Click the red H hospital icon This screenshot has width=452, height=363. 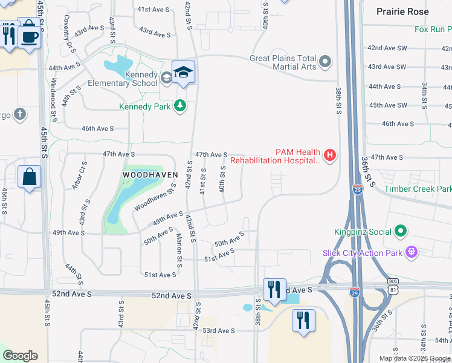(x=329, y=155)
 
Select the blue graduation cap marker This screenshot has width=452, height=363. (x=183, y=73)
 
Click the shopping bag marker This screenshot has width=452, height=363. (x=29, y=178)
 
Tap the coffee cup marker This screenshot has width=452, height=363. (x=28, y=37)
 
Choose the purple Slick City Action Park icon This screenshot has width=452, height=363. (x=413, y=250)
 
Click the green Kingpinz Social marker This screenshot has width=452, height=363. (x=400, y=231)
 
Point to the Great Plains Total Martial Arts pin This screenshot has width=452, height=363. (x=326, y=62)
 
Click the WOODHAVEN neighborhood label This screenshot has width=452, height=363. (x=150, y=174)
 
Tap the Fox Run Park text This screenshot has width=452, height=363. (x=433, y=29)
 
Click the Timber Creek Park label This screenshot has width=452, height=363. (x=418, y=189)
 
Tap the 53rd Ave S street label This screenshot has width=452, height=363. (x=218, y=330)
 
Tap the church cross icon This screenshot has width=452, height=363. (x=19, y=114)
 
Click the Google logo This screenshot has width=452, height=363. (x=20, y=356)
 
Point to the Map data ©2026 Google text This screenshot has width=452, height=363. (x=415, y=358)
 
